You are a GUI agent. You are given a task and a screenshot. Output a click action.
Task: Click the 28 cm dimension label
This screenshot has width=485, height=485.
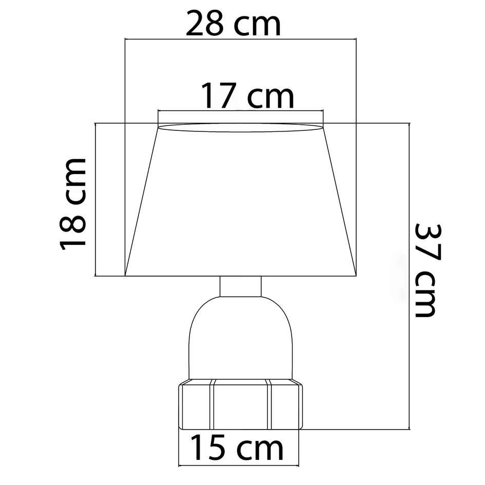[x=234, y=24]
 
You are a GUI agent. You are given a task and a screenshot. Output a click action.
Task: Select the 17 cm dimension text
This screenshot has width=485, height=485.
[x=247, y=96]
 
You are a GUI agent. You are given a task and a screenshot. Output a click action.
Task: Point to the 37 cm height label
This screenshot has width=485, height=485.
[x=425, y=270]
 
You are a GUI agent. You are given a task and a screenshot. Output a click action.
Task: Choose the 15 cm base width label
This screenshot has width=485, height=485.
[x=237, y=448]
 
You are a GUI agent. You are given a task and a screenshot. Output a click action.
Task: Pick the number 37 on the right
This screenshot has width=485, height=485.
[x=425, y=244]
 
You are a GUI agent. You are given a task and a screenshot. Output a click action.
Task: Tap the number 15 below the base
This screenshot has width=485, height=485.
[x=209, y=448]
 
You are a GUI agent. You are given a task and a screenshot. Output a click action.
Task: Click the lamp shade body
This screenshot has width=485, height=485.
[x=241, y=205]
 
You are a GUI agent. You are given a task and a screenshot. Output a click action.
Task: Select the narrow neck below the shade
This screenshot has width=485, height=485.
[x=241, y=286]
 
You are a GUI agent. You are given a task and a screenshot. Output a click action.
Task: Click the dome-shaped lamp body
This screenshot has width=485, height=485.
[x=241, y=339]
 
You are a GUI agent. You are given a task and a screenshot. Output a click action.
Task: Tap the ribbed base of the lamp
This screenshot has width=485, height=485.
[x=241, y=405]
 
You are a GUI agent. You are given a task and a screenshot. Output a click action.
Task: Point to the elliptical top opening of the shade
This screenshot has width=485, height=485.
[x=241, y=128]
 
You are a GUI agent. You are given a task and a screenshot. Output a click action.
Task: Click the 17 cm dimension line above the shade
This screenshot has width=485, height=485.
[x=241, y=110]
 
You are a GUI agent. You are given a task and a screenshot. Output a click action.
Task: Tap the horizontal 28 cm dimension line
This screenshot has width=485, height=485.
[x=241, y=39]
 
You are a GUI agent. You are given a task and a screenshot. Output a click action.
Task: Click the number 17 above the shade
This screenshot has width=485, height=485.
[x=219, y=96]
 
